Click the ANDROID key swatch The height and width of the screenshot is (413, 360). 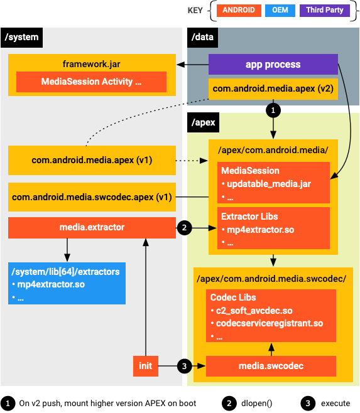(x=239, y=10)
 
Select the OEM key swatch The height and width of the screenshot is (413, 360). (x=281, y=10)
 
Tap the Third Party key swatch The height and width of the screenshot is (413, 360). (x=324, y=10)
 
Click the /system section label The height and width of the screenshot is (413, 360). (x=22, y=38)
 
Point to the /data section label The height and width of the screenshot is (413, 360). (x=203, y=38)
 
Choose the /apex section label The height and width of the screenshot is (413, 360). (x=204, y=122)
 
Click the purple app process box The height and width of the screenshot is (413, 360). (x=273, y=64)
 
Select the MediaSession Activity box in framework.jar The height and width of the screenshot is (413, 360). (x=91, y=82)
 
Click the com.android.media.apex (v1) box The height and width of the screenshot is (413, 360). (x=92, y=160)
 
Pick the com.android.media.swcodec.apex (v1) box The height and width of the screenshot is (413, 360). (x=92, y=197)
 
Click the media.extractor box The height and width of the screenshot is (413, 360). (x=92, y=228)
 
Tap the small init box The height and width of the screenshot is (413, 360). (x=145, y=365)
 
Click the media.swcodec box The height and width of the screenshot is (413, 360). (x=271, y=365)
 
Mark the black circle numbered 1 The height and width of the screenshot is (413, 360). (x=272, y=110)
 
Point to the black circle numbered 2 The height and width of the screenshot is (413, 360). (x=184, y=228)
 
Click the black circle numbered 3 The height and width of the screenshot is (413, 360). (x=184, y=365)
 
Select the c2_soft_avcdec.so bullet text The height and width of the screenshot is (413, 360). (x=254, y=311)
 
